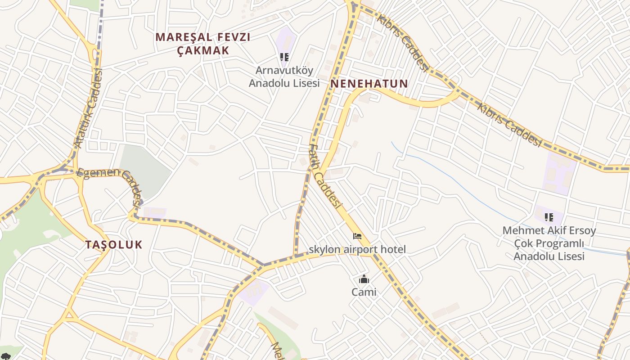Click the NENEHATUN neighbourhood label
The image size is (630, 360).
369,84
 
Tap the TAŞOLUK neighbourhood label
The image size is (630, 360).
114,245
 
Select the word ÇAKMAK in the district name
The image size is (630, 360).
203,50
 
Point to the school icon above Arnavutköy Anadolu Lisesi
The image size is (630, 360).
284,57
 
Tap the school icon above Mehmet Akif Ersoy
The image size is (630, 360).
549,217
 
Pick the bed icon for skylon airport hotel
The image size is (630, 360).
357,236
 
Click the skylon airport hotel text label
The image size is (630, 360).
357,249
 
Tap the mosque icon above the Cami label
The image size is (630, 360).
364,279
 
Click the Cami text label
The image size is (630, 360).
364,292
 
